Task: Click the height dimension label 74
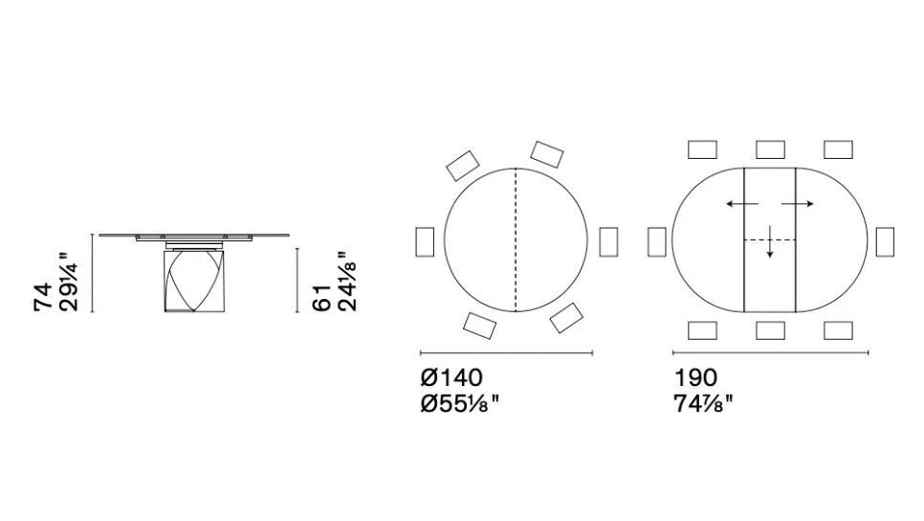44,298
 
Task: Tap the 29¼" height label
68,282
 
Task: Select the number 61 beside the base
322,298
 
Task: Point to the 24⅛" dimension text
347,282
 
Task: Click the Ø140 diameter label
452,377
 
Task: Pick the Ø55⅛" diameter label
460,404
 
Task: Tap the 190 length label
695,377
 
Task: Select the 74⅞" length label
704,404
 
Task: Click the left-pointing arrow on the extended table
742,204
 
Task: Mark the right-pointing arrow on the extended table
798,204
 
